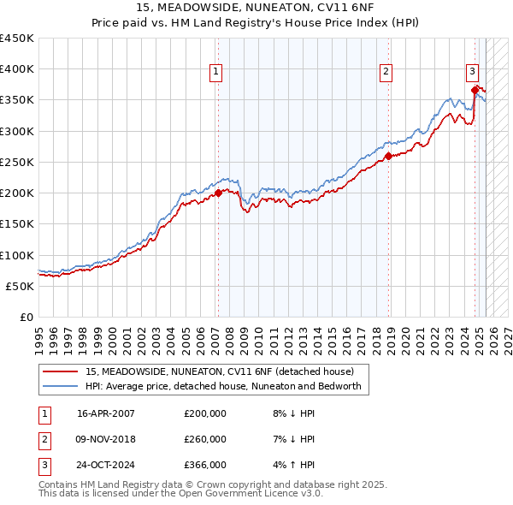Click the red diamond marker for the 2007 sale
218,193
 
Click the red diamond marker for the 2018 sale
388,156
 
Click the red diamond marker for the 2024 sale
475,89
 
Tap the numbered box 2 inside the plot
386,72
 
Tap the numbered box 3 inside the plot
472,72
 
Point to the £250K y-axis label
18,162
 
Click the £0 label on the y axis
27,317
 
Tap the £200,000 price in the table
205,413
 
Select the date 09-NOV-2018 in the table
106,439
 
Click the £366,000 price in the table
205,465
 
